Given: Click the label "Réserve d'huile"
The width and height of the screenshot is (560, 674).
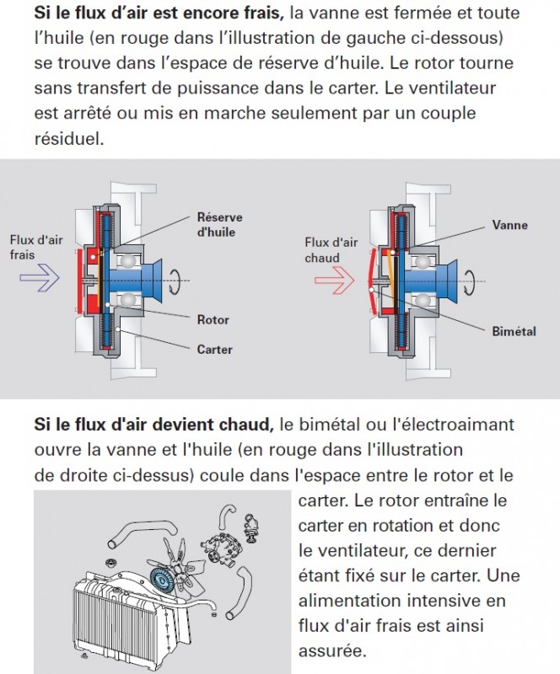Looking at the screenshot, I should point(215,224).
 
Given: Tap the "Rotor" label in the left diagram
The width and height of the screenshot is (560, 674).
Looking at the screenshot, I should point(213,320).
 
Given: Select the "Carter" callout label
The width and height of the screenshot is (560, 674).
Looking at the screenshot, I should point(214,349).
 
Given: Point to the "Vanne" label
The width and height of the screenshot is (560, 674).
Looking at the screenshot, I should point(510,225).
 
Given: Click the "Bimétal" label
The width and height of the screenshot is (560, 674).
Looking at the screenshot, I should point(514,331).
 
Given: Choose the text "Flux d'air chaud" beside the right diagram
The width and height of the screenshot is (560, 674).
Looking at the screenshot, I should point(331,249).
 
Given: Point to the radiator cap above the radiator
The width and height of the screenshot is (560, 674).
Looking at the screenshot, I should point(110,562).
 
